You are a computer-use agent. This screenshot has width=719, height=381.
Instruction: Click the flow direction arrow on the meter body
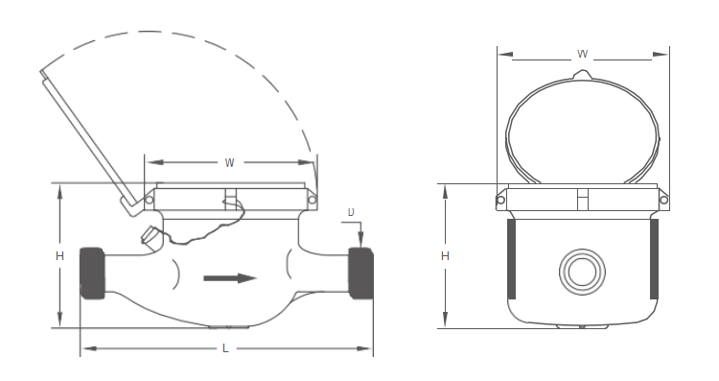(231, 278)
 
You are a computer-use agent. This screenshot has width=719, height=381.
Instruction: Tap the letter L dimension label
(225, 348)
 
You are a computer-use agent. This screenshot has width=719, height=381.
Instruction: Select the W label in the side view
(229, 162)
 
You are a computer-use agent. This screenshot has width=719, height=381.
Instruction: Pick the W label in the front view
(582, 54)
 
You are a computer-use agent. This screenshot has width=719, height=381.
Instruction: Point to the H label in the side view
(59, 256)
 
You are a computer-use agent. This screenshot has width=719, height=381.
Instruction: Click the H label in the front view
(445, 256)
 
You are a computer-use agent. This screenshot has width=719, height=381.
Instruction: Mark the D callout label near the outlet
(351, 211)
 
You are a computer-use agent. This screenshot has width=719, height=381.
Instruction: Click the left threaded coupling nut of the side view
(92, 274)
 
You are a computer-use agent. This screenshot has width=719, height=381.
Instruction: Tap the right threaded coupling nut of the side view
(360, 274)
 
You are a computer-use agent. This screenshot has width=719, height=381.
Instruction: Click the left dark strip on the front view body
(510, 258)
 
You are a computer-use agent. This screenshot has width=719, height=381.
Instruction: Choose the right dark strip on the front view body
(654, 258)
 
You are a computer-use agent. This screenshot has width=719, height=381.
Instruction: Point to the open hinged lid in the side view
(86, 134)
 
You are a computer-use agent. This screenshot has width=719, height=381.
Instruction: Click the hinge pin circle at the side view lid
(150, 199)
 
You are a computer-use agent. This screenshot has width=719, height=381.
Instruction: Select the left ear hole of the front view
(500, 200)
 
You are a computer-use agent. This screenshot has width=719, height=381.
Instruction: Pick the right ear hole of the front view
(663, 200)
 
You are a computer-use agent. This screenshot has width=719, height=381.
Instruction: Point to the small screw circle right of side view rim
(312, 199)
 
